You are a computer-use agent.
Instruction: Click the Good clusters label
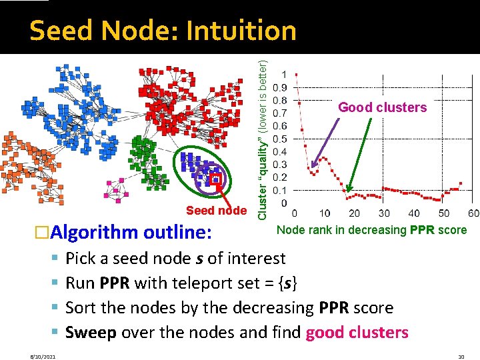point(382,107)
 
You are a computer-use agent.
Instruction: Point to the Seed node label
point(216,211)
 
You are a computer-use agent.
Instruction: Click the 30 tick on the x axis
point(384,213)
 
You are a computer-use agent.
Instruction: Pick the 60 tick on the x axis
point(473,213)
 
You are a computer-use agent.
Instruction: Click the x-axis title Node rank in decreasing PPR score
point(371,230)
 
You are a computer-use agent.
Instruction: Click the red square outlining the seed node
point(215,179)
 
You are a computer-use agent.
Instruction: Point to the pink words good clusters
point(357,332)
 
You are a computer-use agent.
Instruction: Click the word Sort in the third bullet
point(81,307)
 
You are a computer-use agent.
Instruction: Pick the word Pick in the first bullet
point(81,258)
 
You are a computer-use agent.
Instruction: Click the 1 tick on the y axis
point(285,74)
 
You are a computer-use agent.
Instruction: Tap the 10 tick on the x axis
point(324,213)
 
